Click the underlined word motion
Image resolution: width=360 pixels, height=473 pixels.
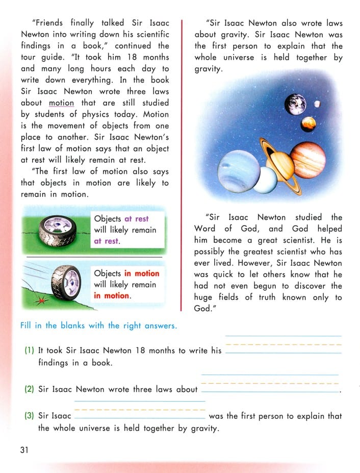pos(61,103)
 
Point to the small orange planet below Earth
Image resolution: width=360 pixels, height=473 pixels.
pos(308,123)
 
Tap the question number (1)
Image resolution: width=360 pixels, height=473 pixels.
pos(30,351)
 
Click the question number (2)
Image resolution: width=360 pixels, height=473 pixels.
pos(30,389)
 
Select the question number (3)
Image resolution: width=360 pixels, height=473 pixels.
pos(30,416)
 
